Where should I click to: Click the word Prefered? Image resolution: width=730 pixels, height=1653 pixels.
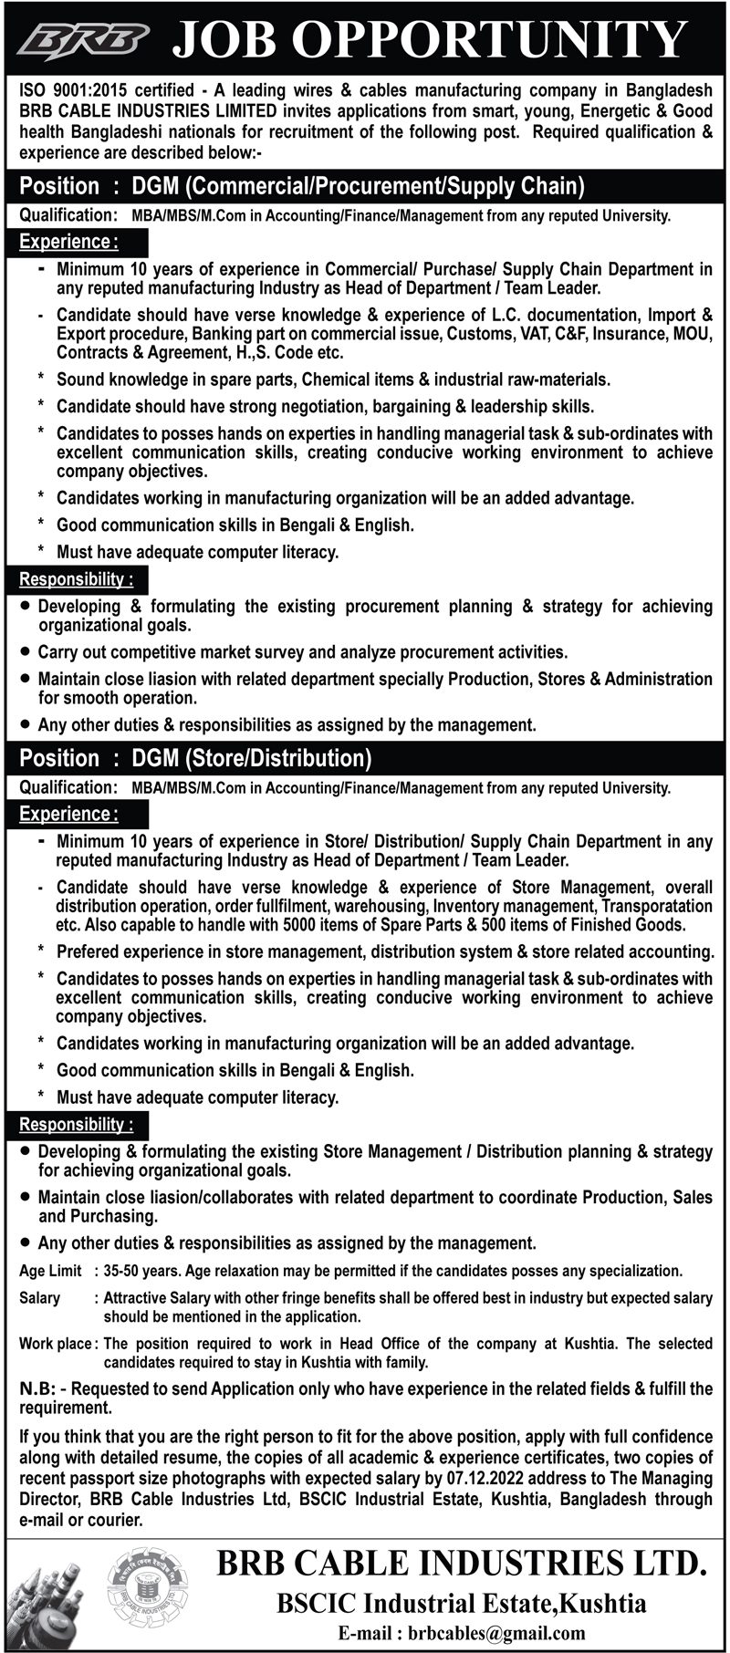[x=90, y=951]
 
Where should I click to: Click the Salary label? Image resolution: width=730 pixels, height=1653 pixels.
[x=40, y=1297]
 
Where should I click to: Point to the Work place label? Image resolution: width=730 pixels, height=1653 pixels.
[x=56, y=1344]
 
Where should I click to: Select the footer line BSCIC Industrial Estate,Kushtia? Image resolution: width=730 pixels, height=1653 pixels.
[x=462, y=1603]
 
